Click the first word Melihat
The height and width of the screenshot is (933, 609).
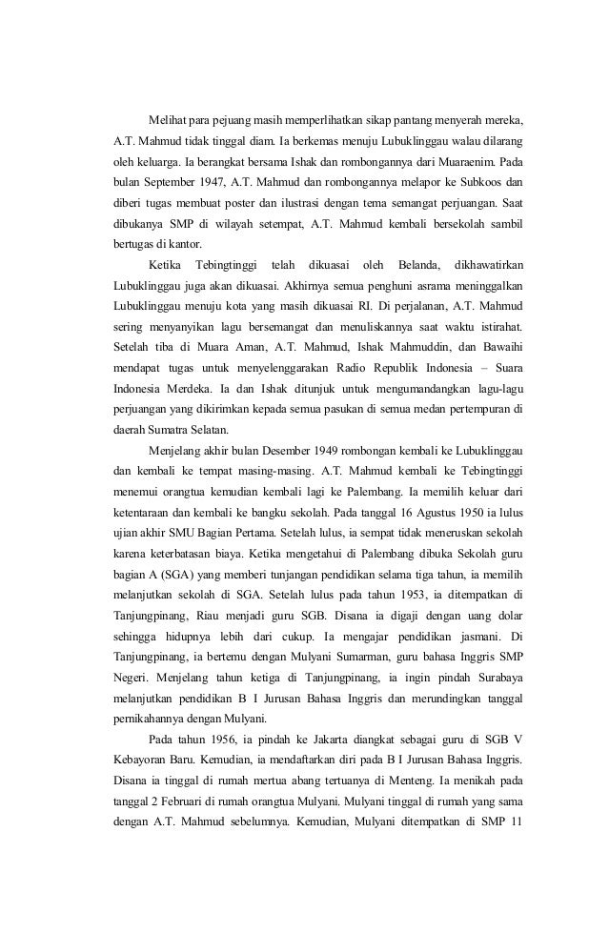[x=170, y=123]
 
